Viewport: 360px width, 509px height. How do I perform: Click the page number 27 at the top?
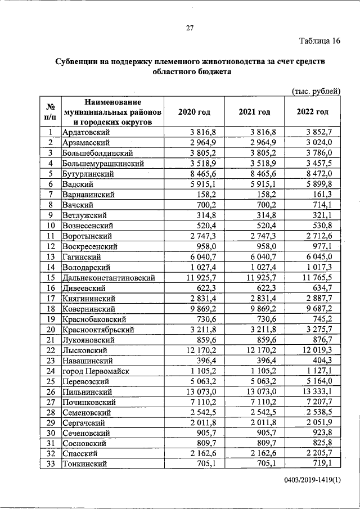[190, 29]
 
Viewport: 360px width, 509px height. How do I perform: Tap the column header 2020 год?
[194, 112]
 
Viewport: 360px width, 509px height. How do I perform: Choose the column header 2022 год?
[312, 112]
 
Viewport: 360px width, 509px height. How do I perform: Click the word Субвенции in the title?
[76, 61]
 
